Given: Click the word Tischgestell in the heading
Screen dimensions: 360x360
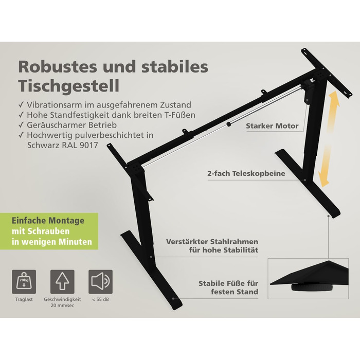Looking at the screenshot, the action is (69, 86).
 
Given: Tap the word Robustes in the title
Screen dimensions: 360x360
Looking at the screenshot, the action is (58, 66).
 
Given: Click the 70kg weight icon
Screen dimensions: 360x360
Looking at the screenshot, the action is (24, 282).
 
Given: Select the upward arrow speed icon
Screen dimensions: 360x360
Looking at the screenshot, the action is (62, 282).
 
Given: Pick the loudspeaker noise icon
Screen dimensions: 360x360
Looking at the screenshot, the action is (101, 282).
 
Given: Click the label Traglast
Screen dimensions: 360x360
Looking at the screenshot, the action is (24, 300).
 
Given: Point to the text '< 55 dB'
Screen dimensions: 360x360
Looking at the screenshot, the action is (101, 300).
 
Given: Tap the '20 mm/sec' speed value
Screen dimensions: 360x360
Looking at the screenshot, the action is (62, 305).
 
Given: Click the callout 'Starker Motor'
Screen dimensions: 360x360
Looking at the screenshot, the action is (272, 126).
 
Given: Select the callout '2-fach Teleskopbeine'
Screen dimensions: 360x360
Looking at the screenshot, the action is (246, 173).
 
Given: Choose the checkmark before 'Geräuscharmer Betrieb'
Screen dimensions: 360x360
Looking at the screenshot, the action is (21, 125).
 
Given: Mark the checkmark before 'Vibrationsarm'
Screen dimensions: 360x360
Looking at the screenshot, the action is (21, 105).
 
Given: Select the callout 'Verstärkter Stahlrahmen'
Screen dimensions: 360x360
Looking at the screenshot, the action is (212, 242).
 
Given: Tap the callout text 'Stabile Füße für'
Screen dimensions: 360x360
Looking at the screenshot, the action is (228, 283).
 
